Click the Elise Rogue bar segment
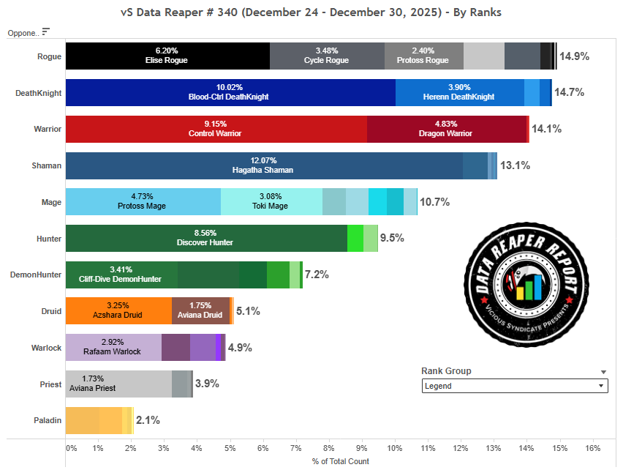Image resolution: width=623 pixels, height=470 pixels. [x=167, y=56]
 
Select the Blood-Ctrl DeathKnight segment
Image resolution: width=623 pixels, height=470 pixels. [x=230, y=92]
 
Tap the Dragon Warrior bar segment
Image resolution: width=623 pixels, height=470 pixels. [x=447, y=129]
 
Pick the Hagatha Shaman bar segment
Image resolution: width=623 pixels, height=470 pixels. [x=264, y=165]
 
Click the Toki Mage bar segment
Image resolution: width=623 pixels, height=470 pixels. [x=271, y=201]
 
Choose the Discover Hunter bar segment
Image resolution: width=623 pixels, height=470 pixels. [x=206, y=238]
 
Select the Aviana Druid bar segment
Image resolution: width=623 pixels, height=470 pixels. [x=200, y=310]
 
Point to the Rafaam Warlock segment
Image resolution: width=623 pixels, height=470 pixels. [x=113, y=347]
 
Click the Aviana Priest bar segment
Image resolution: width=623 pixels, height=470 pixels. [x=118, y=384]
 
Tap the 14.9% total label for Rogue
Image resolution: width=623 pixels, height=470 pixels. [x=574, y=56]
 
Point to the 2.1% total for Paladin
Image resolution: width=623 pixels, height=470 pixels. [x=148, y=420]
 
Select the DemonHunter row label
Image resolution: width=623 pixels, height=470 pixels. [x=36, y=275]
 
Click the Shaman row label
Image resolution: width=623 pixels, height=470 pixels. [x=45, y=165]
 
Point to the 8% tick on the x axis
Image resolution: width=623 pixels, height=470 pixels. [x=330, y=447]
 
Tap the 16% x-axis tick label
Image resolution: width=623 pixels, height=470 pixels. [x=592, y=447]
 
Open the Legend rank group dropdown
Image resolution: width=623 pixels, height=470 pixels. [x=515, y=386]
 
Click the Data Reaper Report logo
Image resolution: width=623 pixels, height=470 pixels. [x=529, y=283]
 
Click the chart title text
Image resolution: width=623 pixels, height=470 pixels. [x=311, y=12]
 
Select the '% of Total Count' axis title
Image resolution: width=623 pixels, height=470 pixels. [x=340, y=461]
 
